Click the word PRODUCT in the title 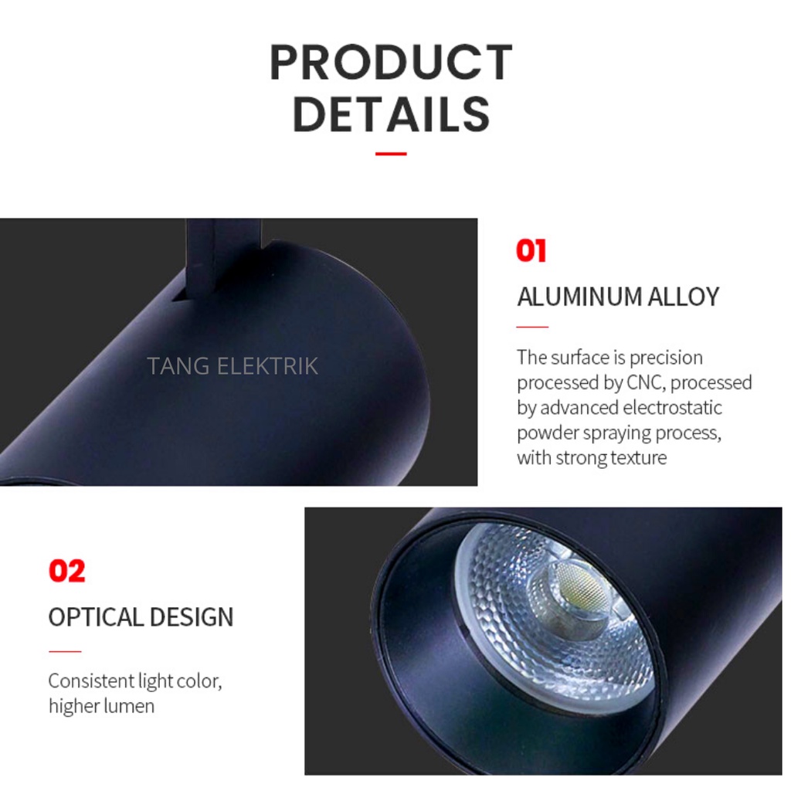click(392, 63)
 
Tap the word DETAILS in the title click(392, 114)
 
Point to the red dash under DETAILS click(391, 154)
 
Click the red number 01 click(531, 251)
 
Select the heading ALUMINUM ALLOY click(618, 297)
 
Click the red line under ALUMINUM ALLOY click(532, 327)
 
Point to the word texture click(639, 457)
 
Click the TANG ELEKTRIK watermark click(233, 366)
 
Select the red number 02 click(67, 571)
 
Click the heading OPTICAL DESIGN click(141, 617)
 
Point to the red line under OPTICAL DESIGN click(65, 651)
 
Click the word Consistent click(91, 681)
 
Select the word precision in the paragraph click(666, 358)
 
